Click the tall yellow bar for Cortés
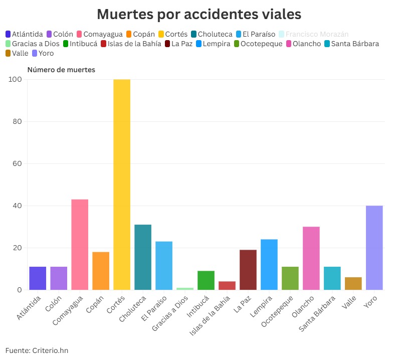tap(122, 185)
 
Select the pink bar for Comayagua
tap(80, 245)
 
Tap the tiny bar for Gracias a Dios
tap(185, 288)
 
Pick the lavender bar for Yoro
tap(374, 248)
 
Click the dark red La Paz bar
tap(248, 270)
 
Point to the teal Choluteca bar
tap(143, 257)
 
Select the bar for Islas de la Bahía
tap(227, 285)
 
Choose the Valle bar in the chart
tap(353, 283)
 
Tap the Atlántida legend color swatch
tap(9, 34)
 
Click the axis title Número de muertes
tap(61, 70)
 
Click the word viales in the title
tap(275, 14)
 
